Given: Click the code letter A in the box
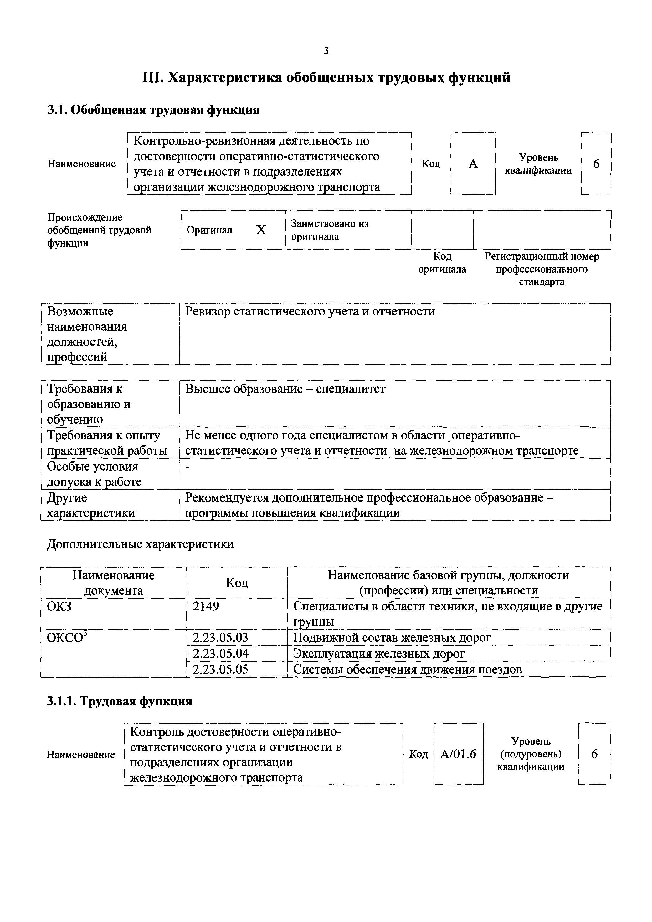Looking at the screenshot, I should (x=473, y=164).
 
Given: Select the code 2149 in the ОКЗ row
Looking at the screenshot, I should (x=206, y=606).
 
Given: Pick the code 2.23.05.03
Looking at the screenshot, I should (x=220, y=638).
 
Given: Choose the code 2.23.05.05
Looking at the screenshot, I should (x=220, y=669).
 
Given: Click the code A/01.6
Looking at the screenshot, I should (x=458, y=754).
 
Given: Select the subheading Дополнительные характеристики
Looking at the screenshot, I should (x=140, y=544).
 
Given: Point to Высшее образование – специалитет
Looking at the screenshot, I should (x=285, y=389).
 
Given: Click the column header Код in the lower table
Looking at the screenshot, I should (x=237, y=583).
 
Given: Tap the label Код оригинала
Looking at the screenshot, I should (x=442, y=263).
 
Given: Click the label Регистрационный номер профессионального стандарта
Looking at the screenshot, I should (x=542, y=269).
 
